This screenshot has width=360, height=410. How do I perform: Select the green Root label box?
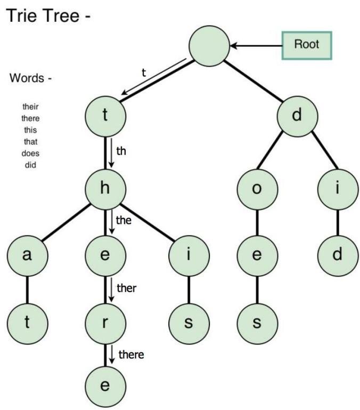click(306, 44)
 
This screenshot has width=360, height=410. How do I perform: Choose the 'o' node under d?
click(257, 190)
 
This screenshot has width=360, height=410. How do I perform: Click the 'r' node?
click(105, 323)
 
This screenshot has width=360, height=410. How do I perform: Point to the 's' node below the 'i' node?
click(188, 323)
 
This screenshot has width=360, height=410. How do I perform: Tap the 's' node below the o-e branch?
click(257, 323)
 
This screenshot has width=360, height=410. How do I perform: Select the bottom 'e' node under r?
click(105, 385)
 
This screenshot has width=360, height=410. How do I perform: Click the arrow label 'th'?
click(121, 151)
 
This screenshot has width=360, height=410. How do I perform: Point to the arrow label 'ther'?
click(127, 288)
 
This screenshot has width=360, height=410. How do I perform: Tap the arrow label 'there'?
click(131, 354)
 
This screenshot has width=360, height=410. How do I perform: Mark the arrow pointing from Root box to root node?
click(256, 46)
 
